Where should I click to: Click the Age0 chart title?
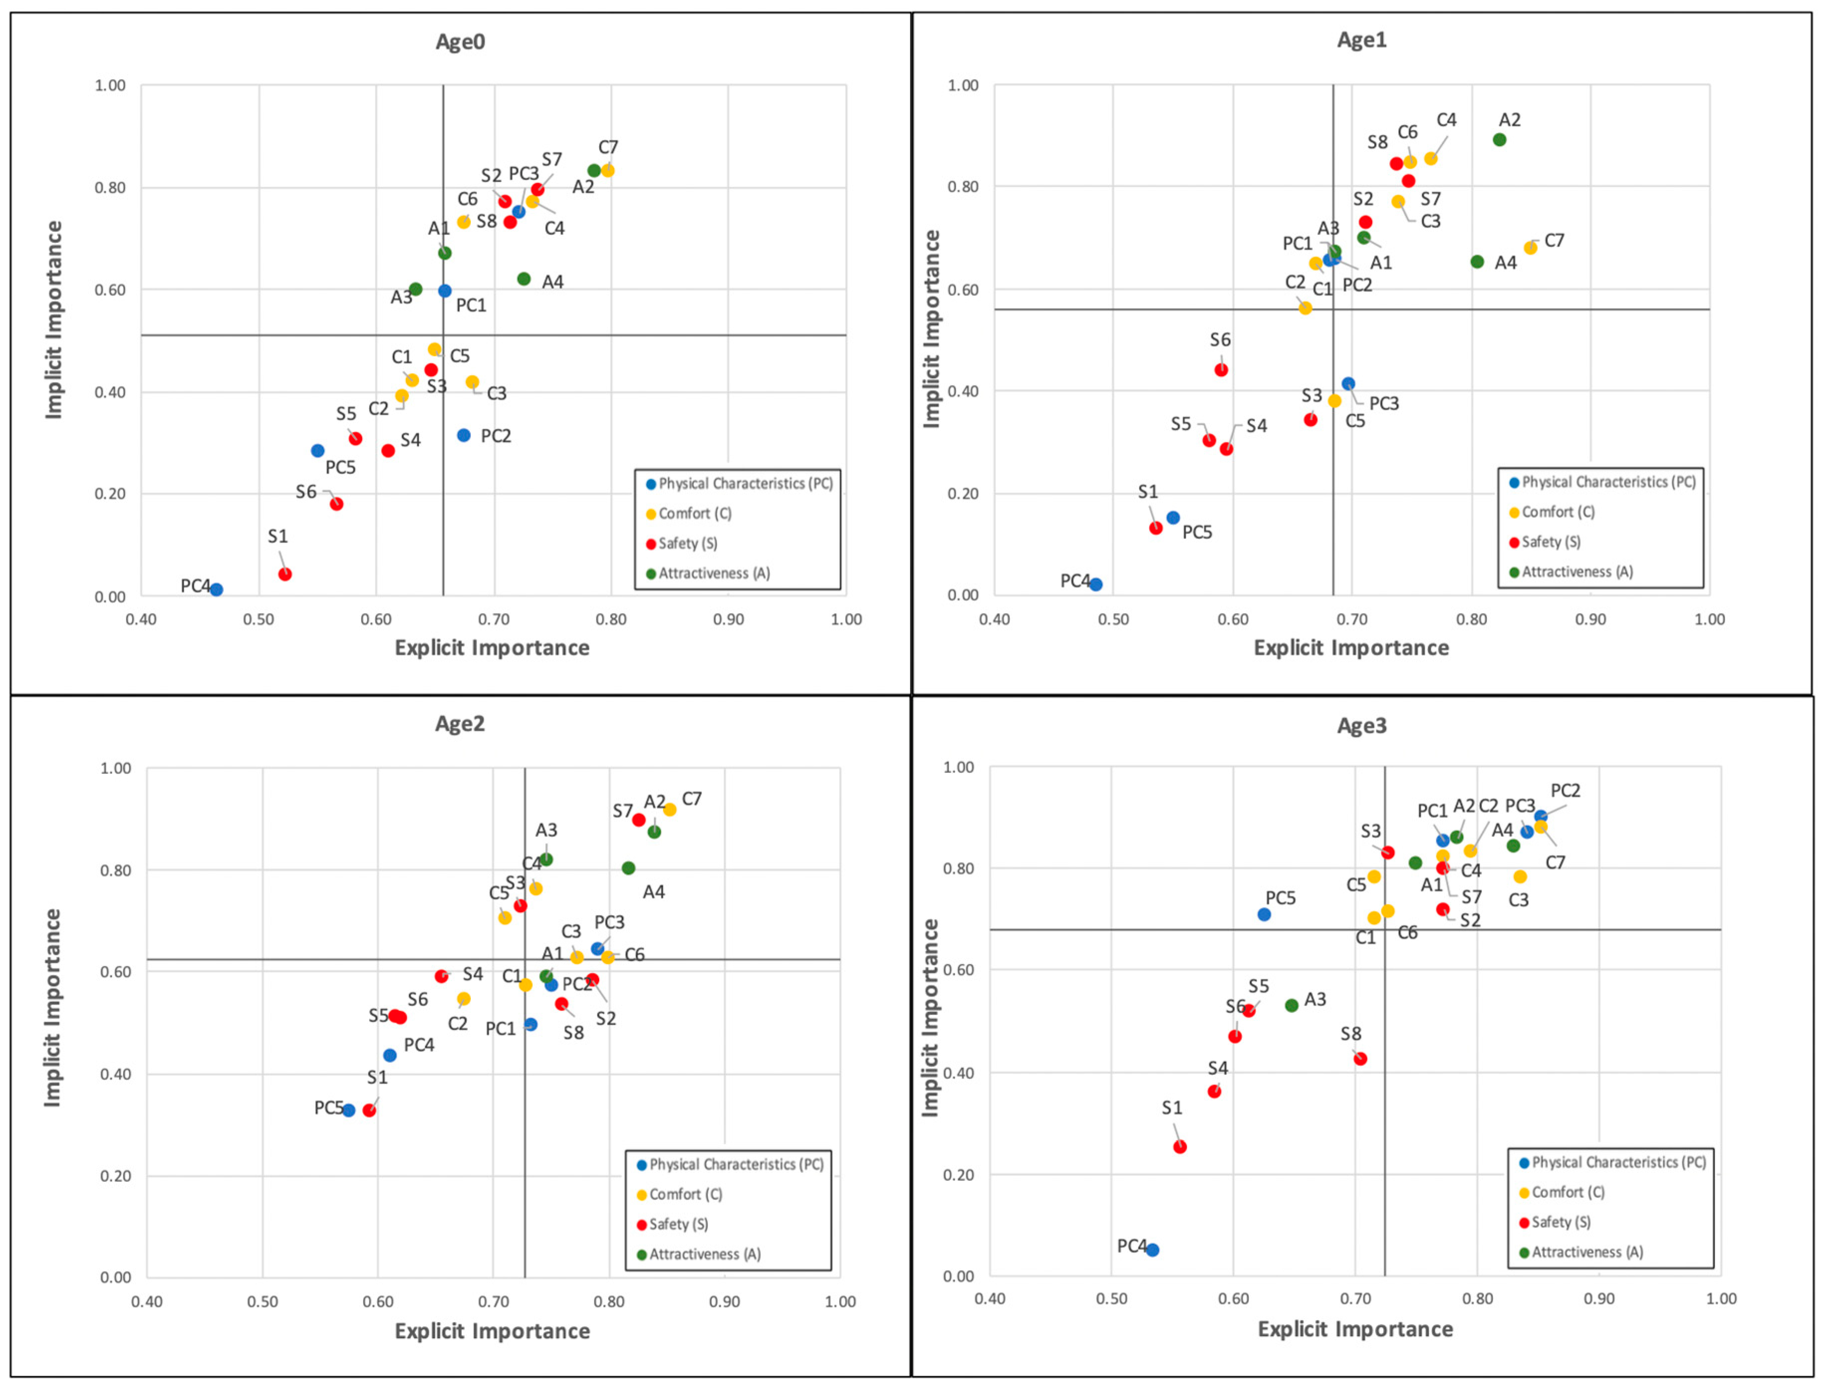[x=460, y=41]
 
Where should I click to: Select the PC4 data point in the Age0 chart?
[x=216, y=590]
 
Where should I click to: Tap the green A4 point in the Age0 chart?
[x=523, y=278]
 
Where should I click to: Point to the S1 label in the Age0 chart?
[x=278, y=536]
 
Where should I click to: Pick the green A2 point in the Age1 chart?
[x=1499, y=139]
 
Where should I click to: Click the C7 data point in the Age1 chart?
[x=1530, y=248]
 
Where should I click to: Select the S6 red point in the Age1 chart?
[x=1220, y=370]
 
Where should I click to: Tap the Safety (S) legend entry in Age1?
[x=1551, y=541]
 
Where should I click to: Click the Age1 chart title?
[x=1361, y=40]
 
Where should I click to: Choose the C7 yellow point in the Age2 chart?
[x=669, y=809]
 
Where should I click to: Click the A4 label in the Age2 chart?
[x=653, y=892]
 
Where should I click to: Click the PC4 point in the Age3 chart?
[x=1153, y=1250]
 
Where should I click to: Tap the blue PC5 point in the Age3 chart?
[x=1264, y=914]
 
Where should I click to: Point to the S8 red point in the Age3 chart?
[x=1360, y=1059]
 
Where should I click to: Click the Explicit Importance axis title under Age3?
[x=1355, y=1329]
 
